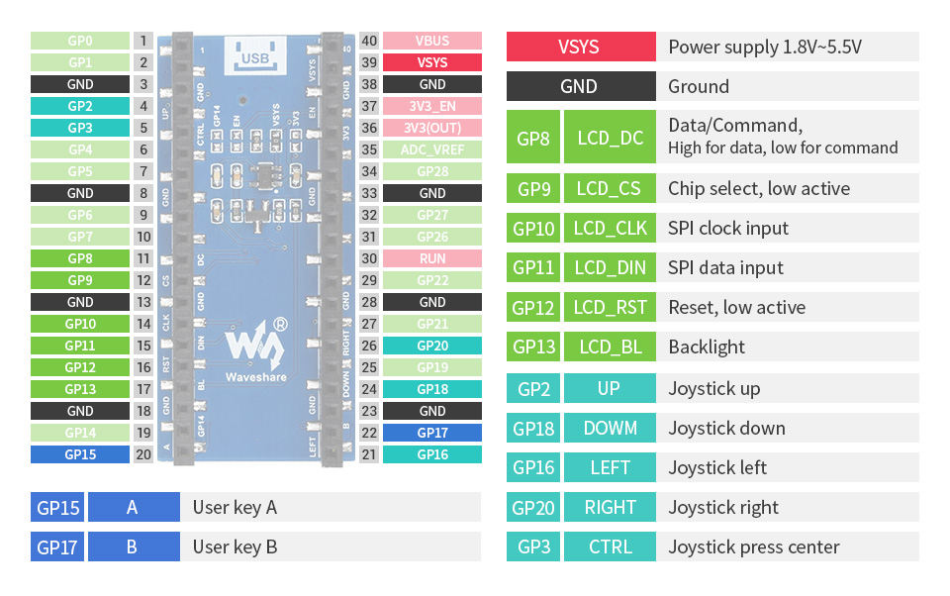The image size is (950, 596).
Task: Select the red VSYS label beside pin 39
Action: point(432,62)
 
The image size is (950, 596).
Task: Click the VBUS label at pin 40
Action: point(432,41)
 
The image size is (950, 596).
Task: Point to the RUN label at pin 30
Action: point(432,258)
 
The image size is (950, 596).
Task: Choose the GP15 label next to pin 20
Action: point(80,454)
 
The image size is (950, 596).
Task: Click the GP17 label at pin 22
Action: point(432,433)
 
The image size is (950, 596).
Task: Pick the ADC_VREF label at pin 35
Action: point(432,149)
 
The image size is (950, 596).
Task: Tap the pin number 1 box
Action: point(144,41)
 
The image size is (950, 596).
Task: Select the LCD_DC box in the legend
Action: point(610,138)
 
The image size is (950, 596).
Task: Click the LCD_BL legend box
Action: point(610,347)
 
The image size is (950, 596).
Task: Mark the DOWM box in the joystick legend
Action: point(610,428)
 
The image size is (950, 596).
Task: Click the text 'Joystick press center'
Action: point(754,546)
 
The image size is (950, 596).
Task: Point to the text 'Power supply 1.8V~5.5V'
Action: point(765,47)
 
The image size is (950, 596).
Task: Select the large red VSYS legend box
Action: point(580,47)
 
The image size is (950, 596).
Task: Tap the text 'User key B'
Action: point(235,546)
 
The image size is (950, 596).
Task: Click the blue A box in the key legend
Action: point(133,507)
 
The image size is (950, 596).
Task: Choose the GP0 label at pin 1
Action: point(80,41)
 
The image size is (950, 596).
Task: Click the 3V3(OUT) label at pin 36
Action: point(432,128)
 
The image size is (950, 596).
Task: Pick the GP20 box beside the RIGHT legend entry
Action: point(533,507)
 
